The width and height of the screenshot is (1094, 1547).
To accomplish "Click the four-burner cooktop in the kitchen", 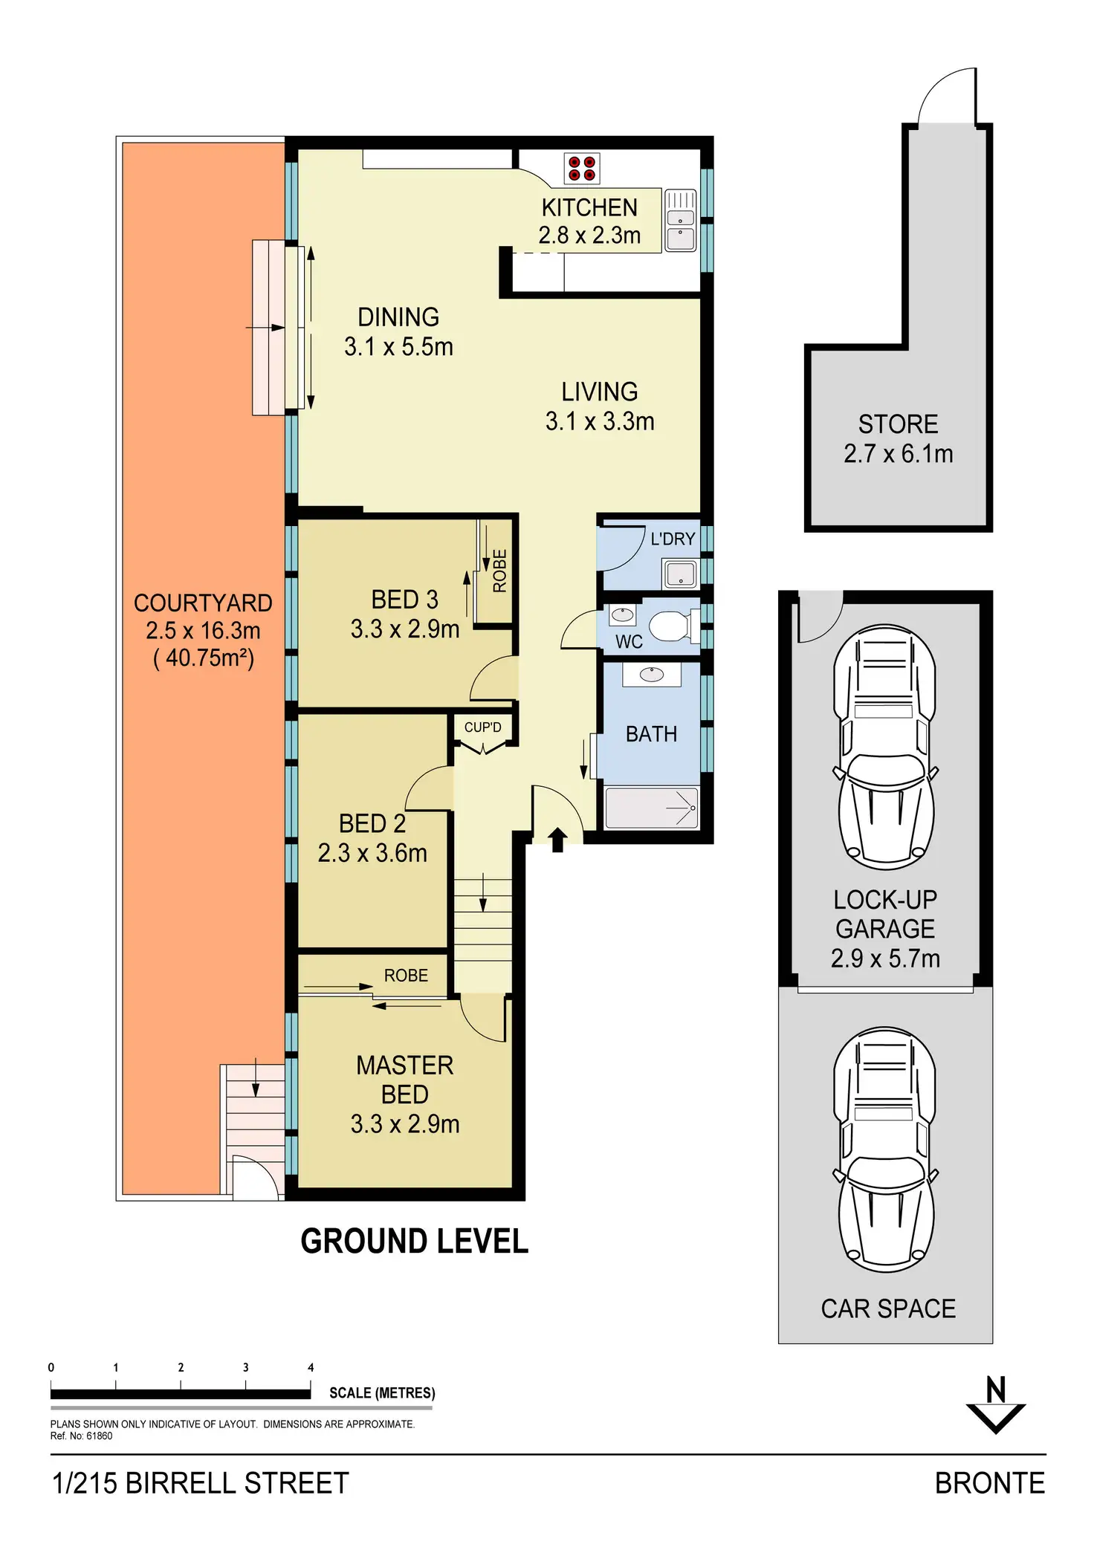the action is (x=582, y=169).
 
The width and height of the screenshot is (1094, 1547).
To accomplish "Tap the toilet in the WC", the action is (x=671, y=626).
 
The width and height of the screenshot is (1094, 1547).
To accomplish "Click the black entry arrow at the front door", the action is (x=557, y=840).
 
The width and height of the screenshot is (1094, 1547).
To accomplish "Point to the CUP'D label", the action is (x=482, y=727).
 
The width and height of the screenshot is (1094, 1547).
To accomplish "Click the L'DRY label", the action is (x=673, y=539).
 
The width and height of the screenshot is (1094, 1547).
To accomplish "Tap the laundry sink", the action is (x=680, y=574).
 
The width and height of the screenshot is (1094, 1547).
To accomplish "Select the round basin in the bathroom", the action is (x=652, y=675).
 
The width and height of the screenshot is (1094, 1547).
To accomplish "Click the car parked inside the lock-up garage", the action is (x=885, y=747).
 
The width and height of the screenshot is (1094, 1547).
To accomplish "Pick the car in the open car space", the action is (x=885, y=1150).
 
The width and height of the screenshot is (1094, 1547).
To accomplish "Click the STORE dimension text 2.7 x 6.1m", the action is (x=898, y=453).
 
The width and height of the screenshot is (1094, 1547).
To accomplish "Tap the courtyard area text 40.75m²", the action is (x=204, y=658).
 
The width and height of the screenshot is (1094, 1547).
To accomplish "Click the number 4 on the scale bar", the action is (x=311, y=1367).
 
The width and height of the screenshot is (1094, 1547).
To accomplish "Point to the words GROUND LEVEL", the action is (x=414, y=1242).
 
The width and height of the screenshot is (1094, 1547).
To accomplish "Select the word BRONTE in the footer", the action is (x=989, y=1483).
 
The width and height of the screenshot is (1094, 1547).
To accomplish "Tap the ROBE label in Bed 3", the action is (x=499, y=571).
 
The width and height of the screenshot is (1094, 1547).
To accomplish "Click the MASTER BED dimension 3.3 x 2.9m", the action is (x=405, y=1124).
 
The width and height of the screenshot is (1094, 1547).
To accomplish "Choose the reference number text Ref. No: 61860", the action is (x=81, y=1436).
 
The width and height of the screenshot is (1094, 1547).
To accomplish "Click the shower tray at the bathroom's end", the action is (x=652, y=808).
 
